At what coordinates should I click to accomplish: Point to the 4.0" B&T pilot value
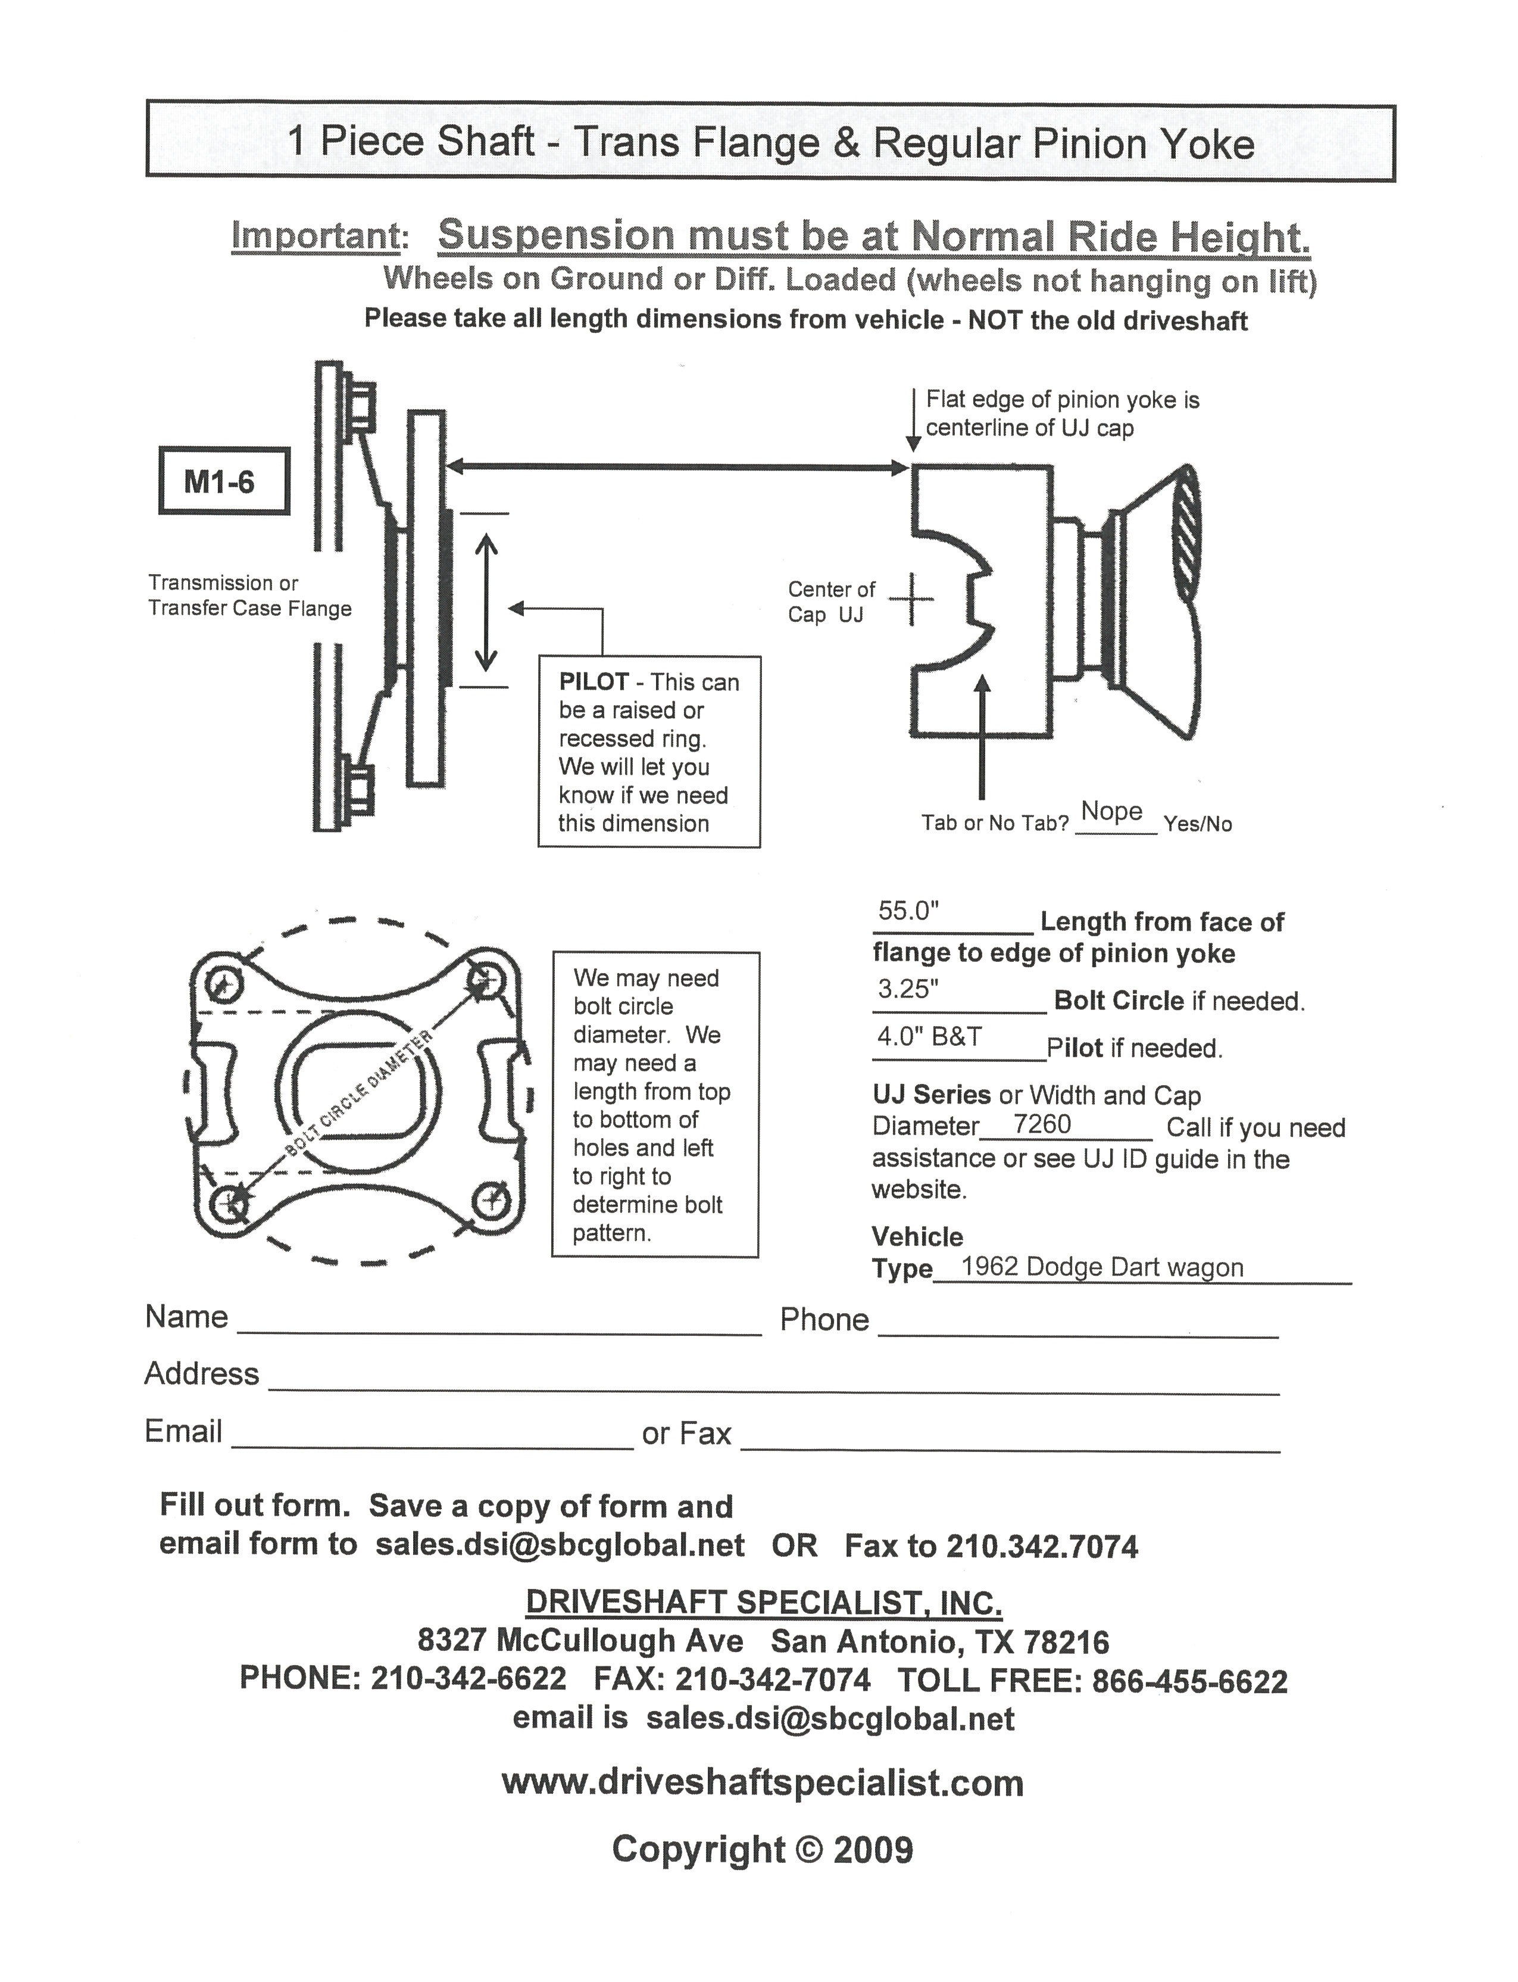pyautogui.click(x=929, y=1037)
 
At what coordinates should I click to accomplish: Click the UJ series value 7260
pyautogui.click(x=1041, y=1124)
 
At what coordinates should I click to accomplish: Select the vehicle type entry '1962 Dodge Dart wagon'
pyautogui.click(x=1101, y=1267)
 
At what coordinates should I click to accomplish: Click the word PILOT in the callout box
pyautogui.click(x=593, y=683)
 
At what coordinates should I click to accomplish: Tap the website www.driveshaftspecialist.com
pyautogui.click(x=763, y=1783)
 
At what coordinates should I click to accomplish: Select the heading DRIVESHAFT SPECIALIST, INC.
pyautogui.click(x=764, y=1603)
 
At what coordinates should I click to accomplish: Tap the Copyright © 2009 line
pyautogui.click(x=763, y=1849)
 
